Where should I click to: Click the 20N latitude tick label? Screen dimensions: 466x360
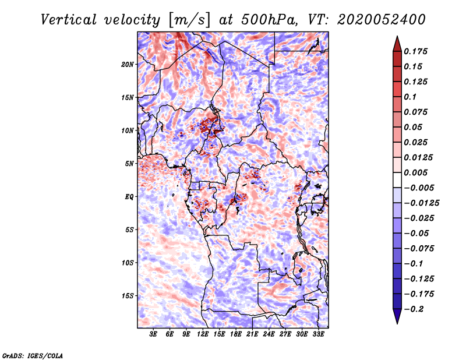127,65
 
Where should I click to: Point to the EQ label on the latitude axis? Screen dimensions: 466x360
129,197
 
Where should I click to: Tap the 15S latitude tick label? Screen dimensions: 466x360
127,296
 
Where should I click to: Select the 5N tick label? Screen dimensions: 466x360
129,164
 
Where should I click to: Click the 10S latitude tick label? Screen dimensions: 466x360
127,263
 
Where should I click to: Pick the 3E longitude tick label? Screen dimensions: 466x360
153,334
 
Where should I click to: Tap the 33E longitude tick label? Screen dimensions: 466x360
318,334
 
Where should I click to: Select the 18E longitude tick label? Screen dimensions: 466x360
236,334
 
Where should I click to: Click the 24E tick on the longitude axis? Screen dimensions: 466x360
269,334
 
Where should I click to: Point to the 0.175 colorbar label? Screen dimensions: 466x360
415,51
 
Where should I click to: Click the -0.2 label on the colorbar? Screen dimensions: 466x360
414,309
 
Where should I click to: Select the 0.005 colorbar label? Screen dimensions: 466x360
415,172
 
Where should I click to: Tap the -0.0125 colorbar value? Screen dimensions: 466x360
421,203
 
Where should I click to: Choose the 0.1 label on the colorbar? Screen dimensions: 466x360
410,97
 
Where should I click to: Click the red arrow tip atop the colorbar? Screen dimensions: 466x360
397,36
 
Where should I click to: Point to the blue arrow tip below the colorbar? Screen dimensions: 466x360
397,323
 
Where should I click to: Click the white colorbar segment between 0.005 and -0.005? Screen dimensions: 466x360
397,180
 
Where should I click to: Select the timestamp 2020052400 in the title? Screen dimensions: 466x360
382,20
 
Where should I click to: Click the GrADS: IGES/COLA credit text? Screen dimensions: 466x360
33,355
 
